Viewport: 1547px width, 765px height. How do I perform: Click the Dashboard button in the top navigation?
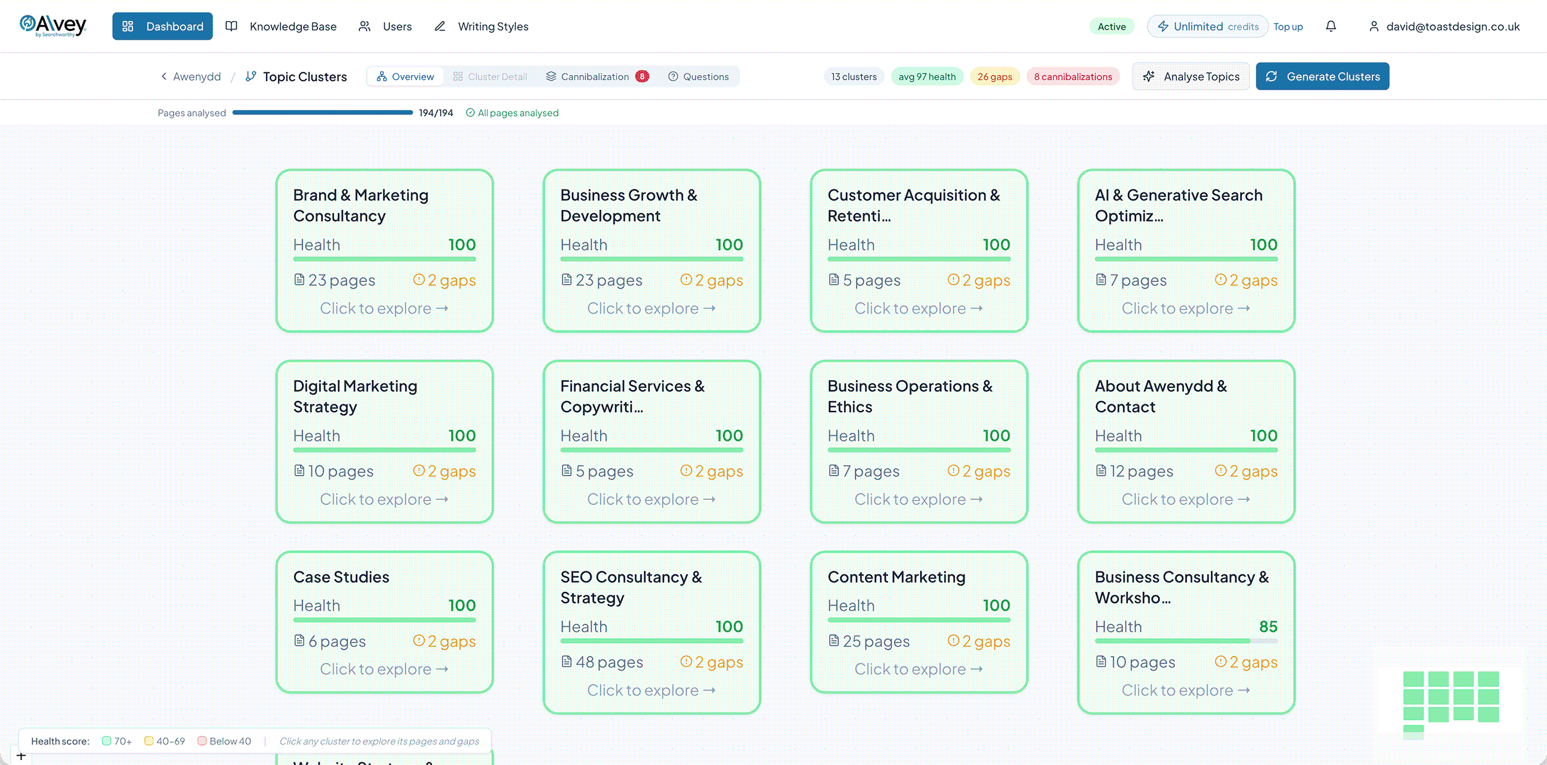162,27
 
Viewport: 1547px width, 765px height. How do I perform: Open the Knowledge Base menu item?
282,27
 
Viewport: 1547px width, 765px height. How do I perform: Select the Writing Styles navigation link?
481,27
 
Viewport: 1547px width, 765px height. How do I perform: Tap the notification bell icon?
1331,26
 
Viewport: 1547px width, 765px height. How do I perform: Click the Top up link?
1288,27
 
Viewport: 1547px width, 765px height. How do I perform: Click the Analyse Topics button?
1191,77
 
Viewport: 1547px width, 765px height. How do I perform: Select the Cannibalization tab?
597,77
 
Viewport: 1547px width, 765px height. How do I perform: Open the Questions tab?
699,77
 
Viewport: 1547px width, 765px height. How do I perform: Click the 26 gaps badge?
995,77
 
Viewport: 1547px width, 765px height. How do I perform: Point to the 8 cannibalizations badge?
1073,77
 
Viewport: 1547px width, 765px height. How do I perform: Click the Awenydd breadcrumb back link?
191,77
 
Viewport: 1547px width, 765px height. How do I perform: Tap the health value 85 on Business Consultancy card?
1268,626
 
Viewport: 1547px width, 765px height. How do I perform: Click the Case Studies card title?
341,577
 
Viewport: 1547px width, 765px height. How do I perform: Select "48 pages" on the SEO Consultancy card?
602,662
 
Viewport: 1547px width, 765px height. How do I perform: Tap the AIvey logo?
53,25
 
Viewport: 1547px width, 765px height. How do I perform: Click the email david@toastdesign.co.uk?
1453,27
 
